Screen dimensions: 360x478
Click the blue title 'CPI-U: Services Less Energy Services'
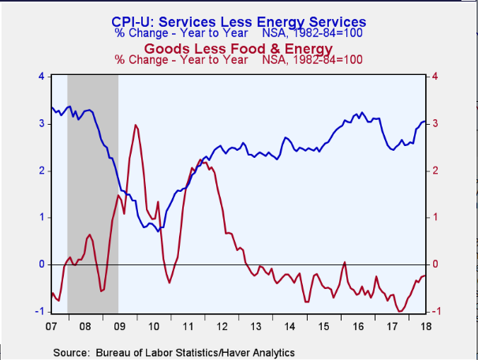(241, 22)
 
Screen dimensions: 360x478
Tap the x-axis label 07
(51, 324)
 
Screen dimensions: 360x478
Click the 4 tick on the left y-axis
(41, 77)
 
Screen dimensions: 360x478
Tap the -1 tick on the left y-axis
(39, 311)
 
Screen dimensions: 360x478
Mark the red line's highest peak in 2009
(136, 125)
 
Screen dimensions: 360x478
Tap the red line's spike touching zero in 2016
(344, 263)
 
